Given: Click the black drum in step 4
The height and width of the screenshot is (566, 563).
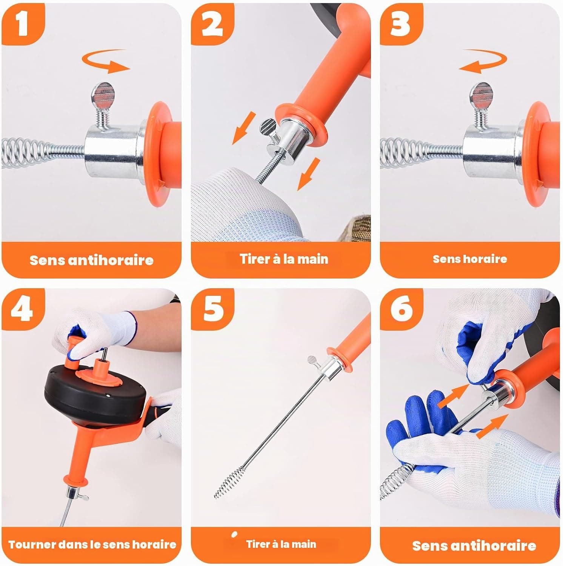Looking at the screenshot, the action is coord(94,392).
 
